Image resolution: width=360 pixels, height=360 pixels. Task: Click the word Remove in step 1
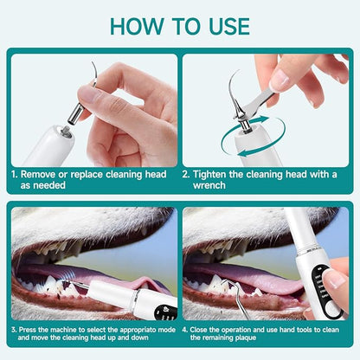pos(45,173)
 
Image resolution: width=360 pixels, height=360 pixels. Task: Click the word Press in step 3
pos(35,330)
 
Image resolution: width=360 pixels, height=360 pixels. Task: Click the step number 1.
pos(13,173)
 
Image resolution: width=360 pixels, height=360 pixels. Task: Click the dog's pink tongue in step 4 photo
pos(286,294)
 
